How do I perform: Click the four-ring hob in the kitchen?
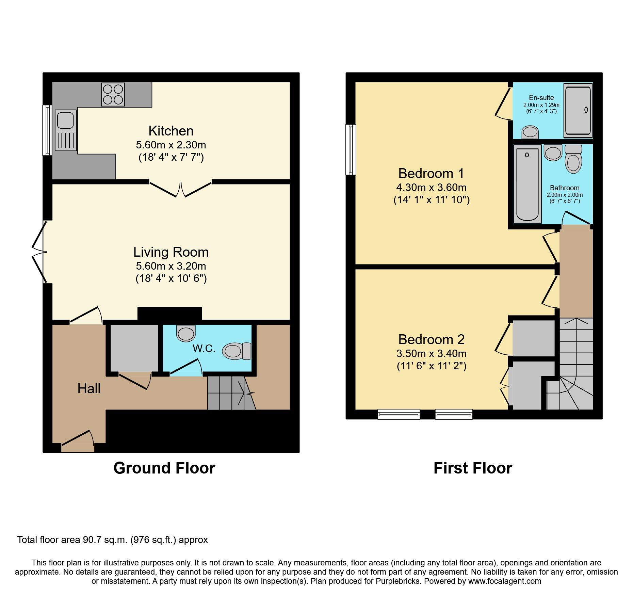(x=113, y=94)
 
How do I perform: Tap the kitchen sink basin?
(x=65, y=120)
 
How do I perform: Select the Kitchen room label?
(x=171, y=131)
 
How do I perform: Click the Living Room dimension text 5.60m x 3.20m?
(x=171, y=266)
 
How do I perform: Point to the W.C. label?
(x=204, y=348)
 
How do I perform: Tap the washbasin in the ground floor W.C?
(x=186, y=333)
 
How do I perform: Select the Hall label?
(x=89, y=388)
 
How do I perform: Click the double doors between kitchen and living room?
(x=180, y=189)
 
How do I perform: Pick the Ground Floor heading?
(x=164, y=468)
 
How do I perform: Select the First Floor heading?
(x=472, y=468)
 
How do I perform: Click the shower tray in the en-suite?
(x=578, y=111)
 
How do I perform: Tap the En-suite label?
(x=541, y=98)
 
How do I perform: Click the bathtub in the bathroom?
(x=527, y=184)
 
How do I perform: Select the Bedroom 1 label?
(x=431, y=174)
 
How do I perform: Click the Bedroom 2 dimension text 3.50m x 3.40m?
(x=431, y=353)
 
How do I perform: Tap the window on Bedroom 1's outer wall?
(x=351, y=149)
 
